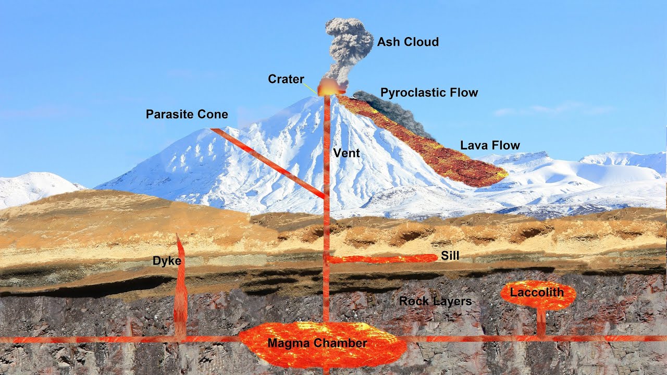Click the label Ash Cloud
[x=407, y=42]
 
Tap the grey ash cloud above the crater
[x=348, y=44]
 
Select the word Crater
[x=286, y=79]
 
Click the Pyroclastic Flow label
[x=429, y=93]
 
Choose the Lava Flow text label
[x=490, y=145]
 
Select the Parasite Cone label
[x=187, y=114]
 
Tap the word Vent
[x=347, y=153]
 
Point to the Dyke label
[x=167, y=261]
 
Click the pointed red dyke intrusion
[x=180, y=292]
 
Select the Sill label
[x=450, y=256]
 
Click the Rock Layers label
[x=435, y=301]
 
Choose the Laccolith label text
[x=537, y=292]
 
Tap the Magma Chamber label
[x=317, y=343]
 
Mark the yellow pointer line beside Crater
[x=311, y=89]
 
